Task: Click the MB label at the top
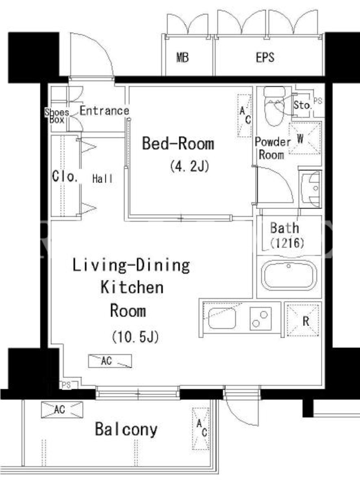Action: (183, 58)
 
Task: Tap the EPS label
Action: (265, 57)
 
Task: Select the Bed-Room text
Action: (178, 143)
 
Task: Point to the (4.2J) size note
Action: (190, 166)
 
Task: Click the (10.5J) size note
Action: (135, 337)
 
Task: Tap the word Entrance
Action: (104, 110)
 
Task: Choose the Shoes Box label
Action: (57, 116)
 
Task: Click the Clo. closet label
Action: (65, 176)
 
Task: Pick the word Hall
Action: (103, 178)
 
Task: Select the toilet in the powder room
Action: (274, 106)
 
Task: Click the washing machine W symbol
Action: (305, 139)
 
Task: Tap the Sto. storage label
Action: (302, 105)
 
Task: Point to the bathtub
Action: (289, 275)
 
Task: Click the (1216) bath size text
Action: (287, 243)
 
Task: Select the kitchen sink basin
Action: (222, 319)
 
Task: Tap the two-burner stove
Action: (260, 319)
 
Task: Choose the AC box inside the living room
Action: (110, 361)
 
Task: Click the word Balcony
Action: (126, 429)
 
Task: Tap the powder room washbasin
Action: (311, 190)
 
